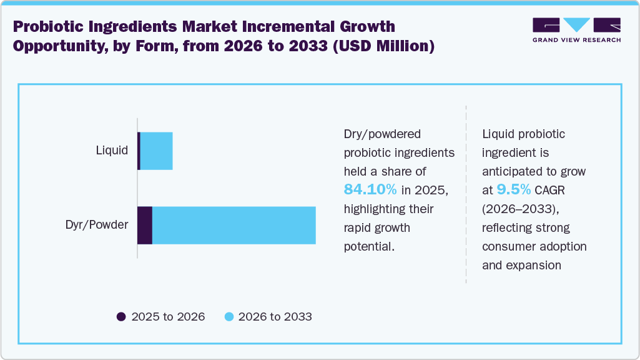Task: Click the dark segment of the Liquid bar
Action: [x=139, y=151]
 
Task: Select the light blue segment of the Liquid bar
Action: [x=156, y=151]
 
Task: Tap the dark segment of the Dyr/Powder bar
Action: [x=145, y=225]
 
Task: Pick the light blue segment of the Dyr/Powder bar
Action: [x=234, y=225]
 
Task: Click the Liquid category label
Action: [x=112, y=151]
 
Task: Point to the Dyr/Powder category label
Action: [x=97, y=225]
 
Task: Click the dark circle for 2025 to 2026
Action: [x=121, y=317]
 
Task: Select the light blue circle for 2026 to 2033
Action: [x=229, y=317]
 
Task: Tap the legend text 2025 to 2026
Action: [x=168, y=317]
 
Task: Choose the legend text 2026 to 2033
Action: [x=275, y=317]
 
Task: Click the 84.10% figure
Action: [x=370, y=189]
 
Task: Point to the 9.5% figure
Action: [x=513, y=189]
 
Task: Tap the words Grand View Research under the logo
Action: [x=576, y=40]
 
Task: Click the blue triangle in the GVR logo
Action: [x=577, y=25]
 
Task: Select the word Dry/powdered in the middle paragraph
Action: [x=383, y=134]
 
